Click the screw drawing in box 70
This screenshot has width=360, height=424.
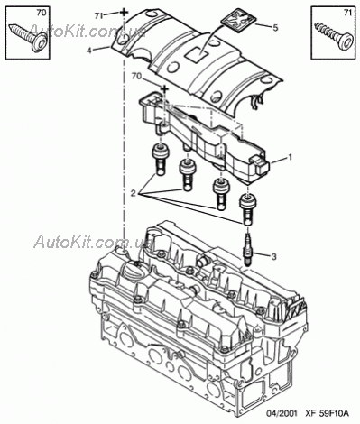click(29, 38)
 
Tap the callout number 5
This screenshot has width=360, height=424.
click(275, 28)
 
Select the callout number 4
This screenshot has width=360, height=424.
click(89, 51)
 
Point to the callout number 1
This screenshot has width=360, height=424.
click(290, 157)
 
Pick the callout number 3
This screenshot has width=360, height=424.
click(273, 256)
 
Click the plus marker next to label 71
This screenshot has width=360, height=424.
click(124, 13)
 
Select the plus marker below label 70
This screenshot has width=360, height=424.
click(164, 88)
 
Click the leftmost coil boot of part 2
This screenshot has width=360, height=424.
click(160, 160)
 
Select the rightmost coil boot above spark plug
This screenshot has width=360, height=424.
click(247, 209)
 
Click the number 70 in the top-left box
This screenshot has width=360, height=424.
click(42, 13)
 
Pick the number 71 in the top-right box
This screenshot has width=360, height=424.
click(347, 13)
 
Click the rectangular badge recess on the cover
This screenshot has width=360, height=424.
click(196, 55)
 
